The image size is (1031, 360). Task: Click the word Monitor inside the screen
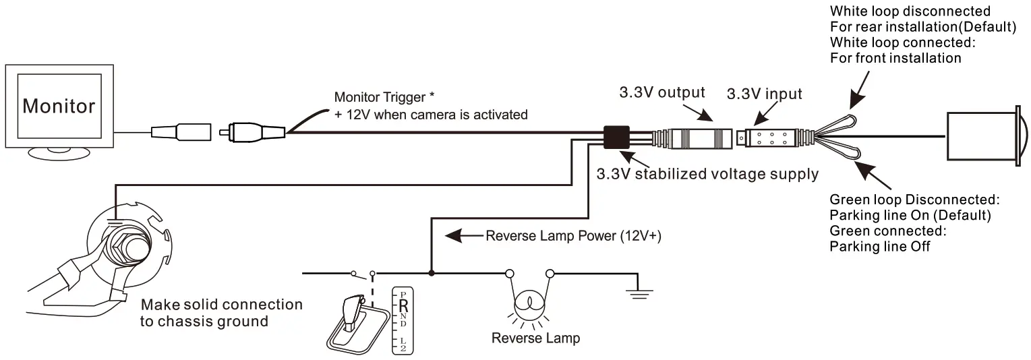pos(59,106)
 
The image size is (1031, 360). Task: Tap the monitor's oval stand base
pos(59,154)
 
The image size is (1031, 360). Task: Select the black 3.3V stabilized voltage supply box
pos(616,137)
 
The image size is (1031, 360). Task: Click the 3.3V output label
pos(662,92)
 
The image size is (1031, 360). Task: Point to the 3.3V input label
pos(764,94)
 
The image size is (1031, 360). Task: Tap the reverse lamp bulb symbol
pos(529,301)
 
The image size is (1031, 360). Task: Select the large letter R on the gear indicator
pos(403,304)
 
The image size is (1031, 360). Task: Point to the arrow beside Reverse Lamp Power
pos(461,237)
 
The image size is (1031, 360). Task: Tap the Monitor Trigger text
pos(380,98)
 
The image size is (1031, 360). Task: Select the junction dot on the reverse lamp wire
pos(431,274)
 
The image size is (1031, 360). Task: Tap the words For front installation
pos(895,58)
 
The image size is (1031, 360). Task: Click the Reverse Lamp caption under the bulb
pos(535,338)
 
